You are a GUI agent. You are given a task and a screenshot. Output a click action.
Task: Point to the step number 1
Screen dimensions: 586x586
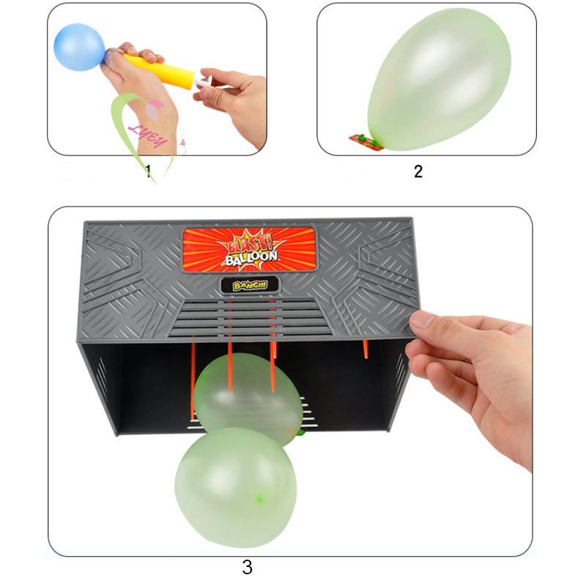click(149, 171)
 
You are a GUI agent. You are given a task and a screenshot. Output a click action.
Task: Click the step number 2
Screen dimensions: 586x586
click(418, 171)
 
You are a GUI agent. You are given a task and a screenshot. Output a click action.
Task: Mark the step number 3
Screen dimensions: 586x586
click(247, 566)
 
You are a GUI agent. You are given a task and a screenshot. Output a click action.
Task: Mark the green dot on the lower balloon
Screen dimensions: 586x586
click(259, 500)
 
